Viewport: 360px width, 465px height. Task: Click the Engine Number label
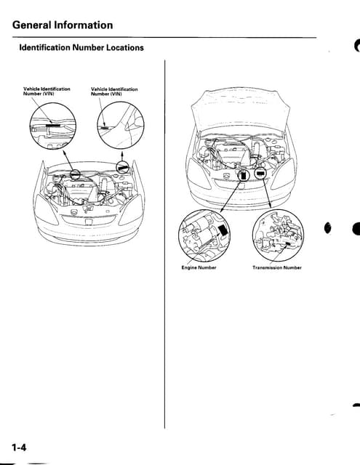[199, 267]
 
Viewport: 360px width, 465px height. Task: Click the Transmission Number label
[276, 267]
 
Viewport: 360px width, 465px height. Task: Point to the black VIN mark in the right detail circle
[105, 127]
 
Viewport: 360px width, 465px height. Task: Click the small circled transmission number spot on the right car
[260, 175]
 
